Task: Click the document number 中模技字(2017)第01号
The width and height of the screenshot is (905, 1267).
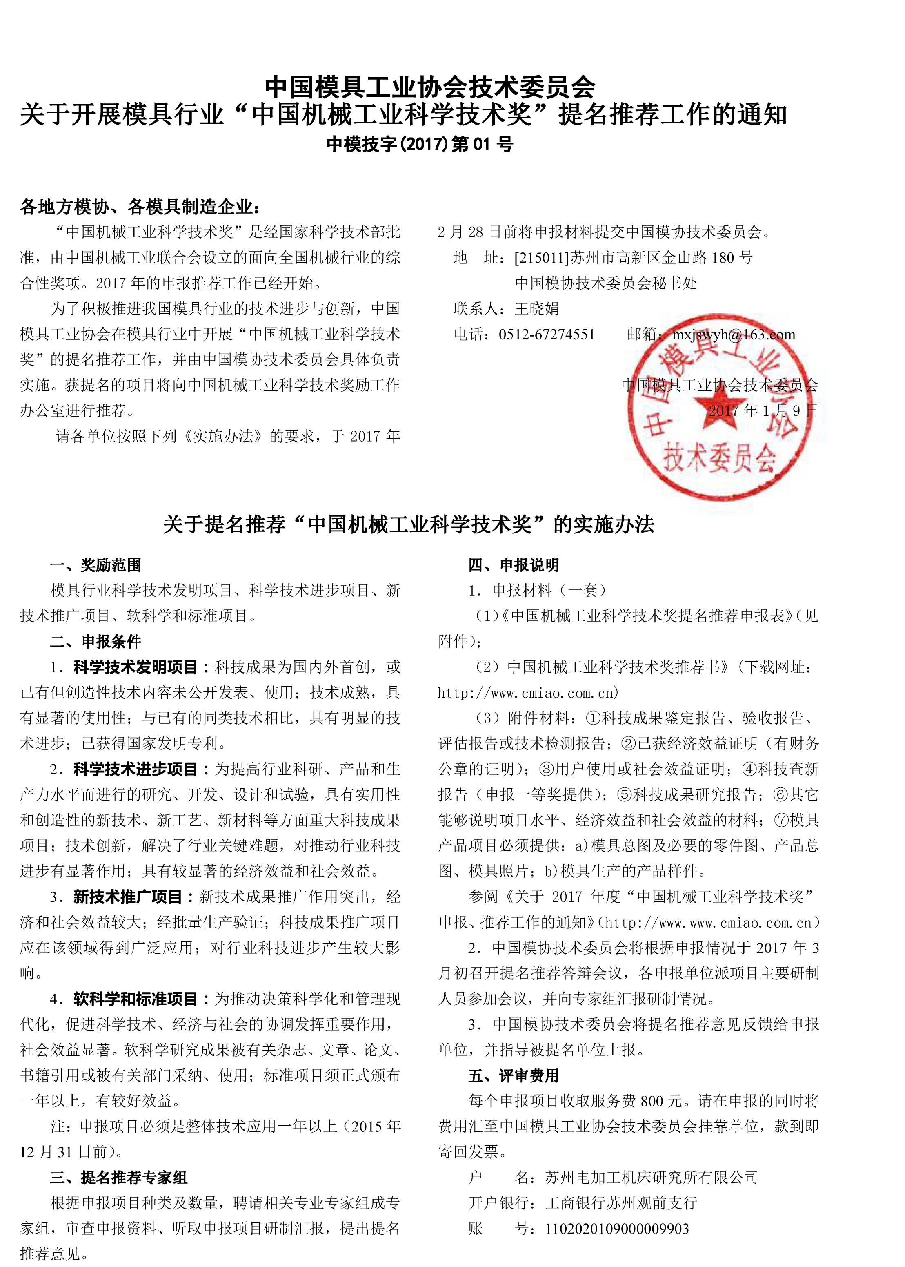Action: tap(419, 145)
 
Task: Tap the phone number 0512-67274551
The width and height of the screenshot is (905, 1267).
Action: tap(546, 335)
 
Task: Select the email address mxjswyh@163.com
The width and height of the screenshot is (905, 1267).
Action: tap(734, 335)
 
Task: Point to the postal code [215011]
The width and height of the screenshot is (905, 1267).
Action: tap(542, 258)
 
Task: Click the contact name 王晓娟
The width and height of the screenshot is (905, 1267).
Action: tap(537, 309)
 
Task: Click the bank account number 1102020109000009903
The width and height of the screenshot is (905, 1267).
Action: tap(617, 1229)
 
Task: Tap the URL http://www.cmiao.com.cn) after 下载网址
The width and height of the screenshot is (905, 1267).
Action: tap(528, 693)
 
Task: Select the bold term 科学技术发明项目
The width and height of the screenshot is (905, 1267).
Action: tap(136, 667)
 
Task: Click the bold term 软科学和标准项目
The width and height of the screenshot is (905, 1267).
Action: tap(136, 999)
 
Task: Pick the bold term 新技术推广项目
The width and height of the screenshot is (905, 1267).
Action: tap(128, 897)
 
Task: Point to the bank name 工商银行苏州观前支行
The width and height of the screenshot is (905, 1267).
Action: tap(621, 1203)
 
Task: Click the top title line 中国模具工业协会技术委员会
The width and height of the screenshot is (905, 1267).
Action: tap(430, 87)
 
